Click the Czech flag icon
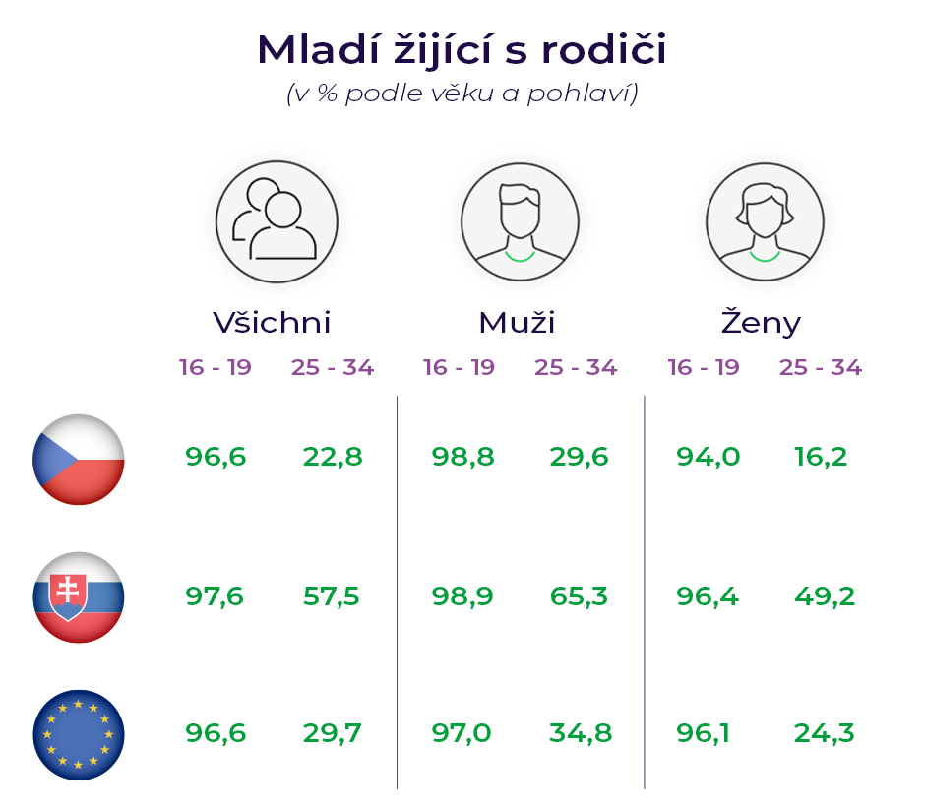coord(79,460)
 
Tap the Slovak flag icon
coord(79,597)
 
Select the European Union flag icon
coord(79,735)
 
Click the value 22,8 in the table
coord(333,457)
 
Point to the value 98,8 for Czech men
coord(463,457)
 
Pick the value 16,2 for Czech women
coord(821,457)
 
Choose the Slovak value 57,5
coord(332,596)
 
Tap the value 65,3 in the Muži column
coord(579,596)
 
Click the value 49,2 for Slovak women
coord(825,596)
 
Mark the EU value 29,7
coord(333,733)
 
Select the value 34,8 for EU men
coord(581,733)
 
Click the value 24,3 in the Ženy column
coord(824,733)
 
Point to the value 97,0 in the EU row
coord(462,733)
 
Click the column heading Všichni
coord(272,323)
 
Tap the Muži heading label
coord(517,323)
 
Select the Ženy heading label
coord(761,322)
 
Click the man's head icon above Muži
coord(520,222)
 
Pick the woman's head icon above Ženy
coord(766,222)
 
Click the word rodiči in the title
coord(604,49)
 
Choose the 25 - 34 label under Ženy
coord(821,367)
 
